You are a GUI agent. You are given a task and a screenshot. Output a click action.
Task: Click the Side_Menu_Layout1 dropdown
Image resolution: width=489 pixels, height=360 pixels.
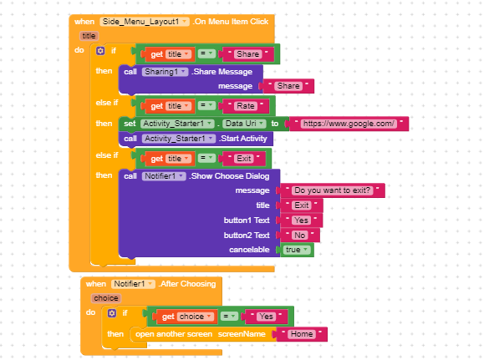[x=145, y=22]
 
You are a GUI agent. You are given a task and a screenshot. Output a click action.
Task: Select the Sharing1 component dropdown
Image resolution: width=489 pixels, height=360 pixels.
[x=165, y=72]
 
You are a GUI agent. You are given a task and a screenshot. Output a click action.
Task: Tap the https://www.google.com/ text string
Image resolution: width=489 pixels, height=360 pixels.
[x=349, y=124]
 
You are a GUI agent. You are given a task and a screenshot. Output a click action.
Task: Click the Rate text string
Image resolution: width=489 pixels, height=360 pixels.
[x=246, y=106]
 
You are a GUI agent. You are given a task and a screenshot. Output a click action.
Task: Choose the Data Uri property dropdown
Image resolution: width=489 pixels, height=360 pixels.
[x=244, y=124]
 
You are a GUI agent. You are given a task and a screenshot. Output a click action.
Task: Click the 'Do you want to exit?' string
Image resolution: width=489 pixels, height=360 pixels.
[x=332, y=190]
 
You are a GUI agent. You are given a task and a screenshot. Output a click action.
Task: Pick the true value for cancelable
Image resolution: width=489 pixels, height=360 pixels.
[x=297, y=250]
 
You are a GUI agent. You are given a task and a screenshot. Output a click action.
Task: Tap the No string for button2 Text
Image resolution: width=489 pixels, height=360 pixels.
[x=300, y=236]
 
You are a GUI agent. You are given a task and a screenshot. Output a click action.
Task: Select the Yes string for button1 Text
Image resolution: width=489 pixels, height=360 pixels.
[x=301, y=221]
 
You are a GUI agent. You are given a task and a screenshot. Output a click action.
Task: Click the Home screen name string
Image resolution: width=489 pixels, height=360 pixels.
[x=302, y=334]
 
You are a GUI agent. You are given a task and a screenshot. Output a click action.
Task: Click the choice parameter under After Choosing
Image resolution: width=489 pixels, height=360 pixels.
[x=106, y=298]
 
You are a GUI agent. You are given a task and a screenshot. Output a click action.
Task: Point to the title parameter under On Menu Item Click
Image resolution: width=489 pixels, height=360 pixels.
[x=89, y=36]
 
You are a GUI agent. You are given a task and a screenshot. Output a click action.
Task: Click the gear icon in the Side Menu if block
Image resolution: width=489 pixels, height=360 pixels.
[x=100, y=50]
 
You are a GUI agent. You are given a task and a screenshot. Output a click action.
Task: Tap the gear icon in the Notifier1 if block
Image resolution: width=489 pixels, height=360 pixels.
[x=112, y=313]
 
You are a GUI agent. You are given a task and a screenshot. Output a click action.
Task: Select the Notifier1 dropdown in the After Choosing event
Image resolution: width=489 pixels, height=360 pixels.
[x=133, y=284]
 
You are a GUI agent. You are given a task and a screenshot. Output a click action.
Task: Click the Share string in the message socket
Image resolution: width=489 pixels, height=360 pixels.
[x=288, y=86]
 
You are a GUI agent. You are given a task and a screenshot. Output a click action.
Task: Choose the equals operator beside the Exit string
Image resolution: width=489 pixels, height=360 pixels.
[x=206, y=159]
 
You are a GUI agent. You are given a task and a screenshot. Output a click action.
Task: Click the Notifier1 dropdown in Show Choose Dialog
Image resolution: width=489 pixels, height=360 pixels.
[x=164, y=176]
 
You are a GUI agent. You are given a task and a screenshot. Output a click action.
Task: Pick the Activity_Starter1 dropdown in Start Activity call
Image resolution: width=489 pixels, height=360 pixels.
[x=179, y=139]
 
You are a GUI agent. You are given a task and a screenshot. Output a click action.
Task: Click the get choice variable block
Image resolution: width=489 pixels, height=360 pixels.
[x=184, y=317]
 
